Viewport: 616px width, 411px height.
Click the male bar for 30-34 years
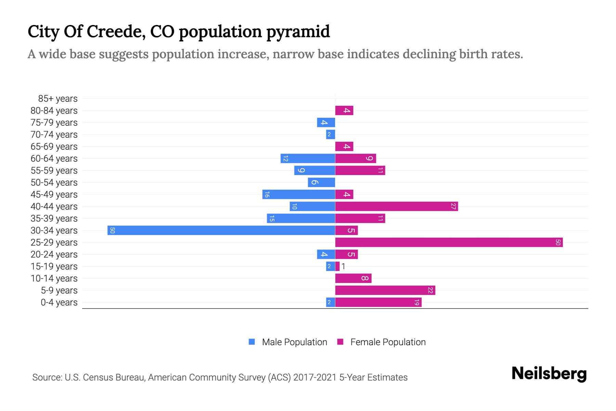(221, 230)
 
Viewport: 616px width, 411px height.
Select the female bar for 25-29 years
(449, 242)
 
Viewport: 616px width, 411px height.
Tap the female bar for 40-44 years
(396, 206)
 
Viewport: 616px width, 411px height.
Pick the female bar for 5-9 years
(385, 290)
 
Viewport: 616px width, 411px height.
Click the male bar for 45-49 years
(298, 194)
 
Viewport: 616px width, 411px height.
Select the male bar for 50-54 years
(321, 182)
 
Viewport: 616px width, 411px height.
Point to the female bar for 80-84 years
(344, 110)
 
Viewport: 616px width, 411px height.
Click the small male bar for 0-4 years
(330, 302)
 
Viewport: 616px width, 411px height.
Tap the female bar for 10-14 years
(353, 278)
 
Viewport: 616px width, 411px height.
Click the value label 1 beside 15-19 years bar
(343, 266)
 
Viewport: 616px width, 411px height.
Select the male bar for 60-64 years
(308, 158)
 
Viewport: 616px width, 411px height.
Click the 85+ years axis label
(58, 99)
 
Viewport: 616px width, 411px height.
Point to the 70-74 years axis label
(54, 135)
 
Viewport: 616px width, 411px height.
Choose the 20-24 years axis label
(54, 254)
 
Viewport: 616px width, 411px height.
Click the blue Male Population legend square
(252, 342)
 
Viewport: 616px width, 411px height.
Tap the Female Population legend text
(388, 342)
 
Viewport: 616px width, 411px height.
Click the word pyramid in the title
(298, 32)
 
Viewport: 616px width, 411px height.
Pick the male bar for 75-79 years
(326, 122)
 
